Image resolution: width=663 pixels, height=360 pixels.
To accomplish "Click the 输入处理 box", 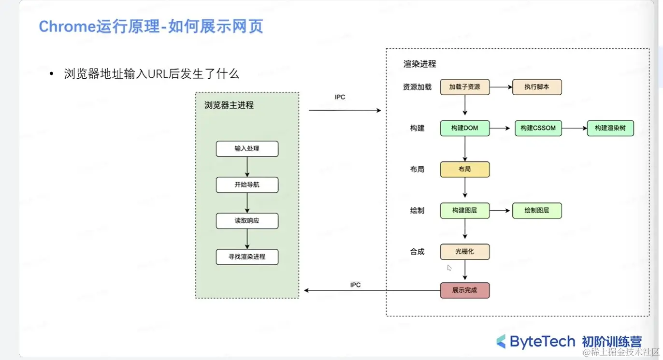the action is (x=247, y=149).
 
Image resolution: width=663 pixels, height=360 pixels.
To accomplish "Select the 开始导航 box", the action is (x=247, y=185).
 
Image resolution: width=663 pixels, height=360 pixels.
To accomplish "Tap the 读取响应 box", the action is (x=247, y=221).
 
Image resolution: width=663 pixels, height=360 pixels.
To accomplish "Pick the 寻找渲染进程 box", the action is (x=247, y=257).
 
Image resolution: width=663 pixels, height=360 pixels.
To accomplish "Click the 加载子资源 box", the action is (x=465, y=87).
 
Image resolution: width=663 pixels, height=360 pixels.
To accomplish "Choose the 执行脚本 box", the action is (x=537, y=87).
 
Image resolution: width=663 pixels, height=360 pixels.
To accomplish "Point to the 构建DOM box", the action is (x=465, y=128).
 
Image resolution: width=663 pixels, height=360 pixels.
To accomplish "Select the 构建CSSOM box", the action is (x=538, y=128).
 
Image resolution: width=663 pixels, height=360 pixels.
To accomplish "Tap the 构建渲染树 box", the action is (x=610, y=128).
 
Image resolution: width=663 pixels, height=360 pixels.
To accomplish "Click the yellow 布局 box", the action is (x=465, y=169).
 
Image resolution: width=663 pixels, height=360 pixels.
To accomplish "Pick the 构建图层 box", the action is (x=465, y=211).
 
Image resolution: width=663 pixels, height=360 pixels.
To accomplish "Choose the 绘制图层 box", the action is (x=537, y=211).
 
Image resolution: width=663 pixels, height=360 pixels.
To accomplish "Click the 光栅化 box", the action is (x=465, y=252).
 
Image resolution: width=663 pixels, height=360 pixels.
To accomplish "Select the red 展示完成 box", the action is (x=465, y=290).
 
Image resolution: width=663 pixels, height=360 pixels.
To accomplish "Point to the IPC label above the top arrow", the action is (x=340, y=97).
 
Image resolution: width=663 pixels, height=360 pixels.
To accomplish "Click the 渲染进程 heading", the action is (x=420, y=64).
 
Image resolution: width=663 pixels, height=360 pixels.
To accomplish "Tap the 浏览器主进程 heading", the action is (x=229, y=105).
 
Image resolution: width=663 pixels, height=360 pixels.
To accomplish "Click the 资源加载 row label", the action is (x=417, y=87).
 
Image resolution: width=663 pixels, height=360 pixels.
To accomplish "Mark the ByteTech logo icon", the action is (x=501, y=341).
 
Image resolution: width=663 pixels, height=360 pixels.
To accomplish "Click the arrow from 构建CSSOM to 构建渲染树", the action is (x=574, y=128).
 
